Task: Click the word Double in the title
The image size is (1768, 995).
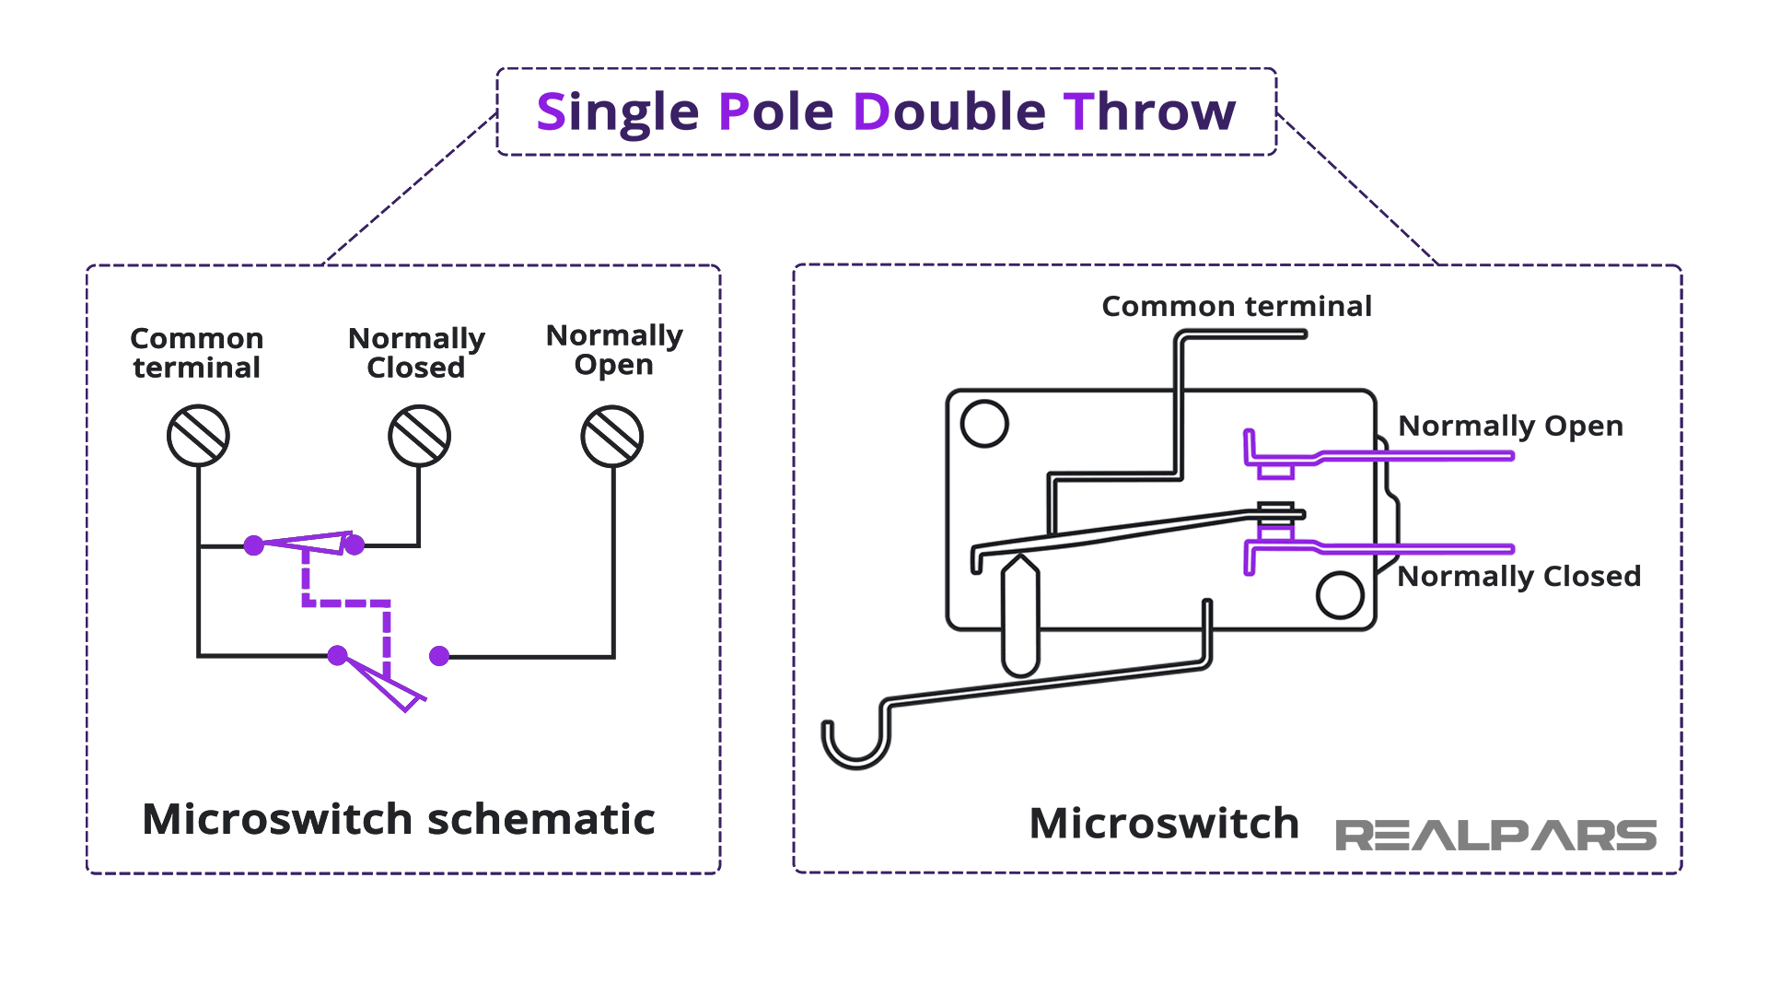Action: (x=949, y=112)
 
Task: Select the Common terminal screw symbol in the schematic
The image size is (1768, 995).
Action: (x=198, y=436)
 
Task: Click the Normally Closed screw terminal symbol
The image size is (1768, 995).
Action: (x=419, y=436)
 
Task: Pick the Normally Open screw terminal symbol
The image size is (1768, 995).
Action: (x=612, y=436)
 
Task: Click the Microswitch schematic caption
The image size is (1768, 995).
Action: (x=399, y=819)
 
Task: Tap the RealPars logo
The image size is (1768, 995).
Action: (x=1495, y=835)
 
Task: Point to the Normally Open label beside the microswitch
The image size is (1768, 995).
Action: (x=1510, y=426)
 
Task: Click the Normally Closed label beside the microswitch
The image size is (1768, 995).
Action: (x=1519, y=576)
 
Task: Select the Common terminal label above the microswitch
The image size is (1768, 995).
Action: (x=1237, y=306)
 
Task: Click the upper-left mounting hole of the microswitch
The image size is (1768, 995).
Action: (x=984, y=424)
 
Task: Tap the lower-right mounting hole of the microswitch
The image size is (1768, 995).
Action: (x=1340, y=594)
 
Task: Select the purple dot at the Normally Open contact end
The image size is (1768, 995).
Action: (x=439, y=656)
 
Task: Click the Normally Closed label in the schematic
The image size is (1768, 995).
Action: (x=416, y=353)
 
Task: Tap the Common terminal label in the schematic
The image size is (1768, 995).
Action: (x=197, y=353)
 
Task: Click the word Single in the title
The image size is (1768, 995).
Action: (x=618, y=112)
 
